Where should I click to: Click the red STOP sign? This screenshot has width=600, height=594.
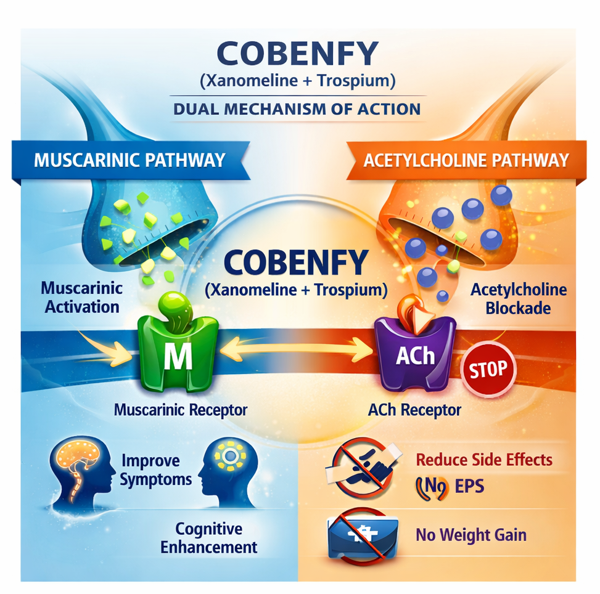click(x=489, y=369)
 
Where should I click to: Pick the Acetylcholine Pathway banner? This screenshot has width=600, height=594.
click(x=466, y=161)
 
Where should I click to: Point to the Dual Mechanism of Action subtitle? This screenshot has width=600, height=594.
click(x=297, y=109)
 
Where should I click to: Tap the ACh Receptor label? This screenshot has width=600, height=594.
click(x=414, y=409)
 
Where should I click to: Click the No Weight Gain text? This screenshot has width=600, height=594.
click(x=471, y=534)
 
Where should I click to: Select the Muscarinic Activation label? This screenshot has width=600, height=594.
click(x=82, y=297)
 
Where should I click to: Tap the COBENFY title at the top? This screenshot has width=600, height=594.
click(x=297, y=54)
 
